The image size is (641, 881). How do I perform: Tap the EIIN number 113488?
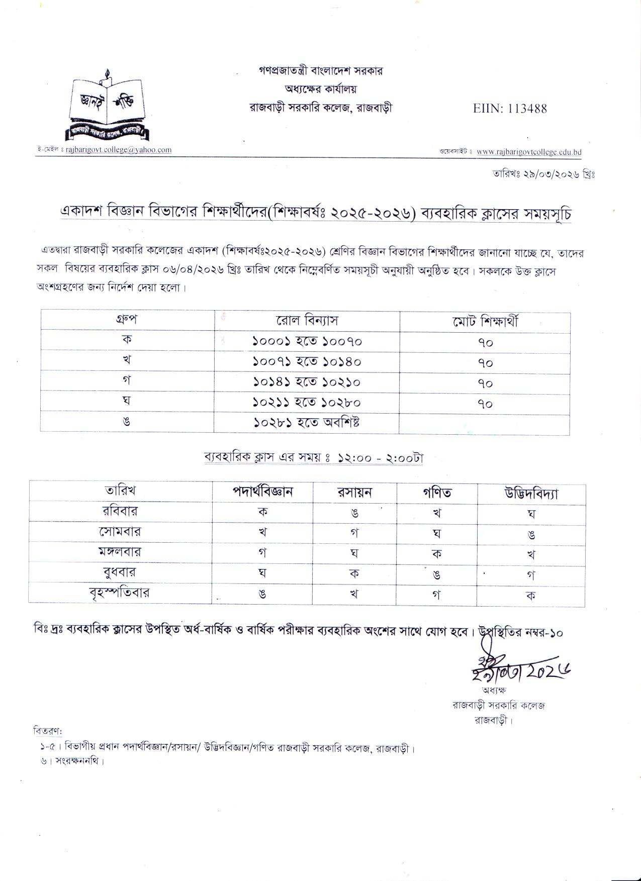(509, 109)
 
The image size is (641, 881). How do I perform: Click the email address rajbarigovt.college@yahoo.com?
(119, 150)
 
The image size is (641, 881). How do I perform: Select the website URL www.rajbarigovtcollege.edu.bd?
(529, 152)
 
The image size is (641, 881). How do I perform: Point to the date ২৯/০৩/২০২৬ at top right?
(544, 174)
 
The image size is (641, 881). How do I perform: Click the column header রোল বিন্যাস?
(307, 321)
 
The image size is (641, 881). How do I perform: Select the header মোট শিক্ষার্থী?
(485, 322)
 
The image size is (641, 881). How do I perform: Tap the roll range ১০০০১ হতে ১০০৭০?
(307, 342)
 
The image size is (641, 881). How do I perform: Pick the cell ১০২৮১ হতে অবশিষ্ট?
(307, 422)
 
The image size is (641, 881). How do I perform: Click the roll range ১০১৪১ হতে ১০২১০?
(307, 382)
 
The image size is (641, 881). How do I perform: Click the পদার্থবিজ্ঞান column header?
(262, 492)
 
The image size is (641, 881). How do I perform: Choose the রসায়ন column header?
(354, 492)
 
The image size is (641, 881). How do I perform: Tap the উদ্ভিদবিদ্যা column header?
(531, 493)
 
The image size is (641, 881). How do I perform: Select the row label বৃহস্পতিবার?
(120, 593)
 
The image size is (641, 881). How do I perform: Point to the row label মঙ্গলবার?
(120, 552)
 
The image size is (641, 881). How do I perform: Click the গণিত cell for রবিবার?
(436, 513)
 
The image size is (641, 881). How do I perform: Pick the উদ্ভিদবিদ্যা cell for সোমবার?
(531, 534)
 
